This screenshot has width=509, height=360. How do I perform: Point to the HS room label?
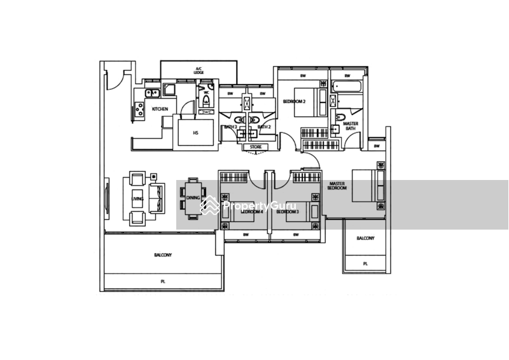pos(195,132)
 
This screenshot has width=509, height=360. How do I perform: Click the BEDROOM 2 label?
pos(293,102)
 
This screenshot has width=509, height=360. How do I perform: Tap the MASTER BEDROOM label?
pos(337,186)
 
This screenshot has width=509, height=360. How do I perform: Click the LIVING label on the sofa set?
pos(136,199)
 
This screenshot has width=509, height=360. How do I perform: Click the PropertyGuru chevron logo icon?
pos(209,205)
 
